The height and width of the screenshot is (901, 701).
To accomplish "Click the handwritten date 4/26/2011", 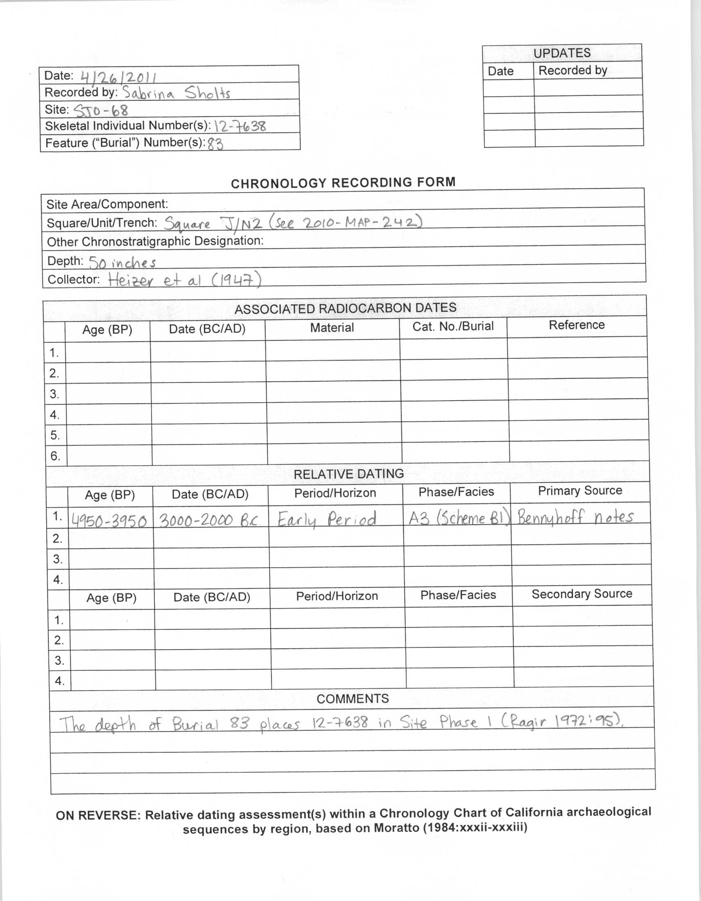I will click(x=119, y=77).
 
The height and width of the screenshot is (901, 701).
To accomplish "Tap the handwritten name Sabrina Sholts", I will click(x=176, y=93).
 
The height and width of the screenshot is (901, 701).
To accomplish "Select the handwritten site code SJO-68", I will click(x=101, y=110).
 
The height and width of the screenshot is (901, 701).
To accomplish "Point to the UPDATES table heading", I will click(x=562, y=53).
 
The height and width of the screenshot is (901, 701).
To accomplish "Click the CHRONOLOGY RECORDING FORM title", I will click(x=343, y=183).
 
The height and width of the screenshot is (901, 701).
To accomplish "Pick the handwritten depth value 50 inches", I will click(x=122, y=263).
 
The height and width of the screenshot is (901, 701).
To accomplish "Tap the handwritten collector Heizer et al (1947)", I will click(x=185, y=281).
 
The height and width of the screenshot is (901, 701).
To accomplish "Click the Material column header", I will click(x=332, y=328).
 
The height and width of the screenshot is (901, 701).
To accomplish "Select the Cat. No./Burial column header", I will click(x=453, y=326).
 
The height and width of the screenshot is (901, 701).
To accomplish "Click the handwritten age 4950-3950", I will click(x=109, y=521).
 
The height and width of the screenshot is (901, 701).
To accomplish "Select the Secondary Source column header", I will click(x=581, y=594).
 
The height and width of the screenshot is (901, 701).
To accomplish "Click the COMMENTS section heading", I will click(x=353, y=699).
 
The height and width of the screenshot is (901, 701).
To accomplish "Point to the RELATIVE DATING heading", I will click(x=348, y=474).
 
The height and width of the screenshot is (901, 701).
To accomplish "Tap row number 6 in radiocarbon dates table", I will click(x=55, y=456).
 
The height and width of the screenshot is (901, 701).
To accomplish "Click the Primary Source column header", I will click(x=580, y=491).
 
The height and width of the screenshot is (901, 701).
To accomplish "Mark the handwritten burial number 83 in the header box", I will click(x=215, y=144).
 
